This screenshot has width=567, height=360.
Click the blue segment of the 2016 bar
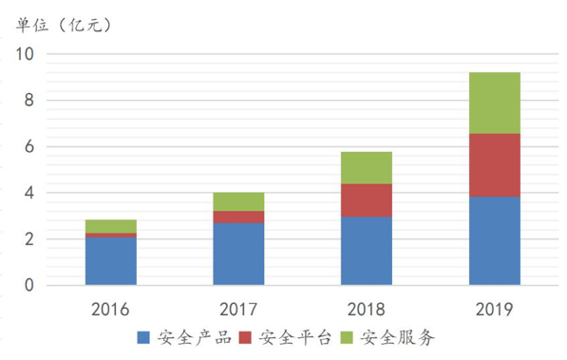110,261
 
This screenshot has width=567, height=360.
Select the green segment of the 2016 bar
110,226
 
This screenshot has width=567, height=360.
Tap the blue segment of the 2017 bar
238,254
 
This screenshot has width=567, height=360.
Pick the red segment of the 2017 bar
238,217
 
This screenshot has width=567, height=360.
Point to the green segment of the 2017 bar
238,201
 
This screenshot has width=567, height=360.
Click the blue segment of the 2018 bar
366,251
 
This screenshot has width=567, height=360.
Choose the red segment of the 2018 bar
366,200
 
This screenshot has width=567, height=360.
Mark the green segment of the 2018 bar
366,168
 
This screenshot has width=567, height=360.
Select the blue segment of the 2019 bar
494,240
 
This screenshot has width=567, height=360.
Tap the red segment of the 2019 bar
494,165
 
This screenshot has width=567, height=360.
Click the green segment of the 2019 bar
494,103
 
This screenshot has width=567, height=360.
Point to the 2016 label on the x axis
110,309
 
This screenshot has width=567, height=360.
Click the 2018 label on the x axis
366,309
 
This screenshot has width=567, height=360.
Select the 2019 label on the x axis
494,309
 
